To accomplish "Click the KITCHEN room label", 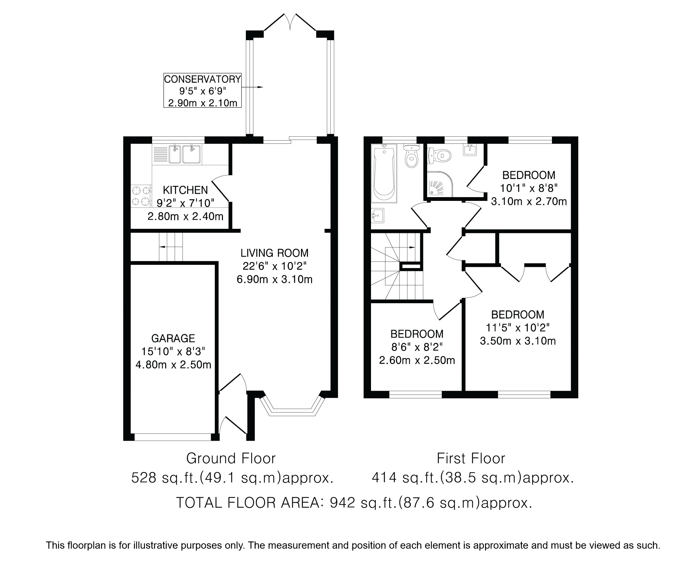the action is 185,190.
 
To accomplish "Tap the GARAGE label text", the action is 173,338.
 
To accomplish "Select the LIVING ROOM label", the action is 274,253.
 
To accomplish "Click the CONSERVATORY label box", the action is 203,90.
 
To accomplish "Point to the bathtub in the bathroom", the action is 384,173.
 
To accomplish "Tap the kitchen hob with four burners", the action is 141,196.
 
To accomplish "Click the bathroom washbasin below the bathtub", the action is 377,216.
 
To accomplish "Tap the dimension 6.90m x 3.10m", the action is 274,279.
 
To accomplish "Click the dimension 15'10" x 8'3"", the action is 173,351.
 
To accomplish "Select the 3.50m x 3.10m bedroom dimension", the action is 518,341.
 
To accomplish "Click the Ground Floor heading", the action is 231,459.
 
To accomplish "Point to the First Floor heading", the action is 471,459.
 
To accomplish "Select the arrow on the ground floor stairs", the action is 171,247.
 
